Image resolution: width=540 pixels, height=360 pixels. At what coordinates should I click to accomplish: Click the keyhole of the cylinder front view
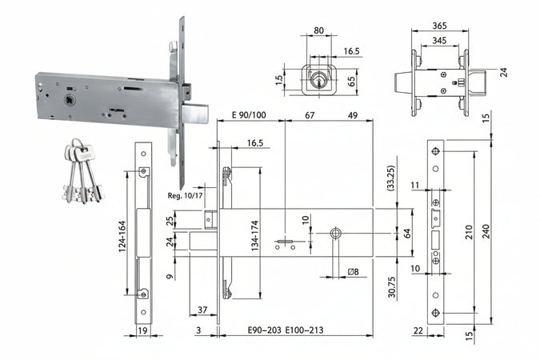click(x=320, y=81)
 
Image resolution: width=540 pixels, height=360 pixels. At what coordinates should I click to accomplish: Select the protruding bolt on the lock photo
click(x=200, y=114)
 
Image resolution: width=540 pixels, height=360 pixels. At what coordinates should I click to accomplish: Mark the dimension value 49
click(x=353, y=115)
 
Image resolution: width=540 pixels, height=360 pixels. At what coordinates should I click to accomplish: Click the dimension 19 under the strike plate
click(x=143, y=329)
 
